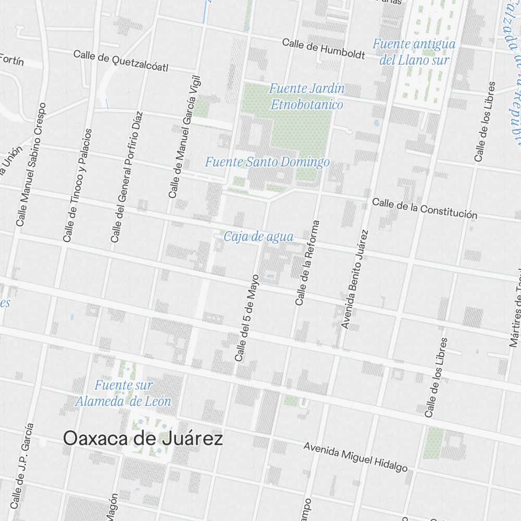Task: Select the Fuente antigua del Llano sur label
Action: click(x=414, y=52)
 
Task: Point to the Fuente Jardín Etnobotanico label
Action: click(x=307, y=96)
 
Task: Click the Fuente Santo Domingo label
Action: click(x=267, y=162)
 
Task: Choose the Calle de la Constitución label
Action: click(x=425, y=208)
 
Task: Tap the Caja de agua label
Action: click(x=258, y=237)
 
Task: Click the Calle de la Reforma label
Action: click(x=307, y=263)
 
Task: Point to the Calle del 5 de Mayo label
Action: click(x=247, y=317)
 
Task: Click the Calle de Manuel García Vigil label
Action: click(x=184, y=137)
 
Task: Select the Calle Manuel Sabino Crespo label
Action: click(x=31, y=164)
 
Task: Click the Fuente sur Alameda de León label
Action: click(x=123, y=393)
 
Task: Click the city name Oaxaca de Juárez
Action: click(x=143, y=439)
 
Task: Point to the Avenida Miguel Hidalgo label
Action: click(x=355, y=457)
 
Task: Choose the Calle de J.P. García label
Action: click(x=22, y=465)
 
